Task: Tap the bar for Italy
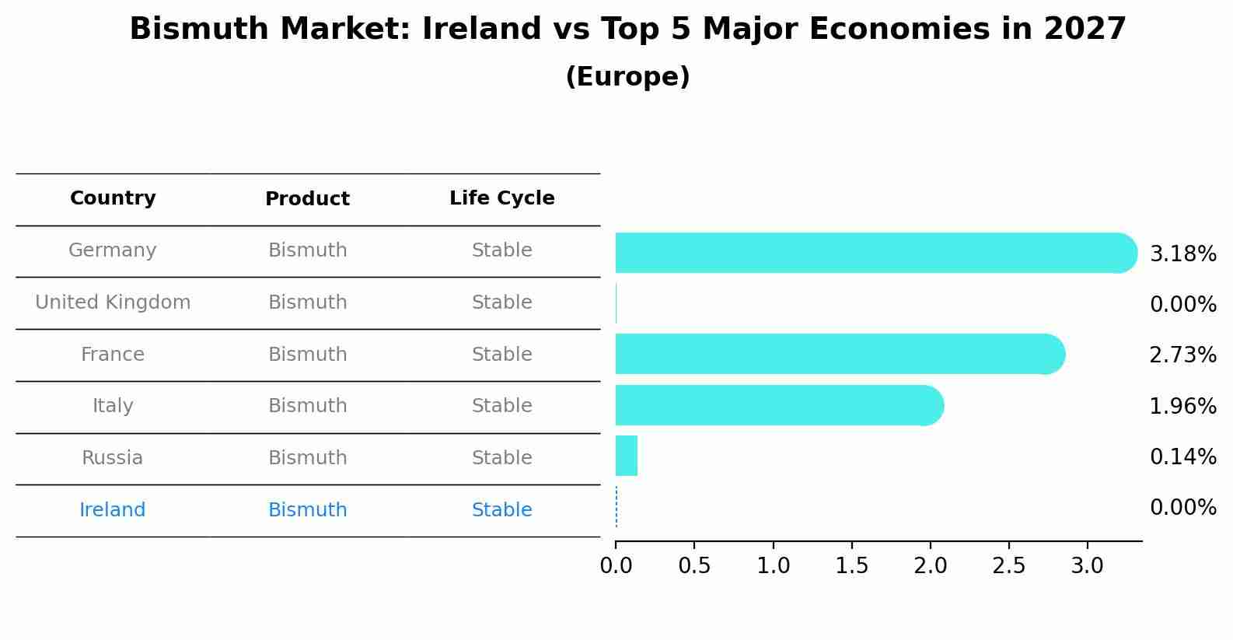click(777, 405)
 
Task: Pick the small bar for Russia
click(627, 456)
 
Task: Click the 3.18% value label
click(1182, 254)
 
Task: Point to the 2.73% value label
click(1182, 355)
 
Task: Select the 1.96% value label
click(1182, 406)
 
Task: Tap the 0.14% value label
click(1182, 456)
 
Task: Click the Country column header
click(113, 198)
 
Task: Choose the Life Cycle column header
click(501, 198)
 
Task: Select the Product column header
click(307, 199)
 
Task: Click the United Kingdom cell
click(113, 303)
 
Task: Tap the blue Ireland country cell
click(113, 510)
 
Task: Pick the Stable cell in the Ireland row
click(501, 510)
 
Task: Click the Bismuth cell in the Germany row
click(307, 250)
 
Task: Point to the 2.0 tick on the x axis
click(930, 566)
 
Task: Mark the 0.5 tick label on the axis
click(694, 566)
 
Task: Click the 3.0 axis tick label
click(1087, 566)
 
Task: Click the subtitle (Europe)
click(627, 77)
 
